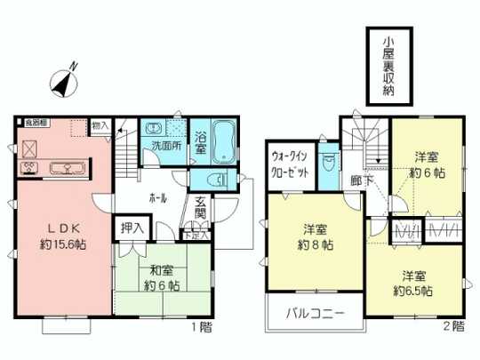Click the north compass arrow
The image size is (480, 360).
64,79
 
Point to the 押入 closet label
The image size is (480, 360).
132,227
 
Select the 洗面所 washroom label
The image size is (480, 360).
164,145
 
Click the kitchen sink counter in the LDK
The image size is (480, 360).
61,167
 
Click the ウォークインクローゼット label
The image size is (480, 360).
292,165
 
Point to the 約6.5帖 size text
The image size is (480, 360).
414,291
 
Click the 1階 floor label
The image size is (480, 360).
201,328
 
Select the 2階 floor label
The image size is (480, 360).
452,328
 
